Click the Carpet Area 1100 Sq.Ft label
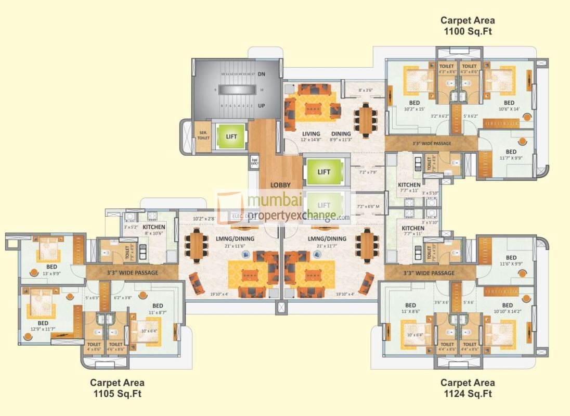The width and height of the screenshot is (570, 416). [x=468, y=26]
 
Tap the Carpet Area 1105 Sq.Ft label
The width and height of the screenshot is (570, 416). [x=117, y=388]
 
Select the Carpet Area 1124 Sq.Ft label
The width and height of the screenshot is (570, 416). [x=468, y=388]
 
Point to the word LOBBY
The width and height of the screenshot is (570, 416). [x=280, y=185]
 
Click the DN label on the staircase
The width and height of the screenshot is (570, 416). [x=262, y=74]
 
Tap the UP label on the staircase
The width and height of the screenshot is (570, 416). [x=262, y=106]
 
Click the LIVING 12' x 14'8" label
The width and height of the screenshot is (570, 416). [x=311, y=137]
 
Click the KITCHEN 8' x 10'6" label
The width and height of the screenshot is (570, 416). [x=154, y=230]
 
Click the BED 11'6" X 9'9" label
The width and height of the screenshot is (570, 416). [x=511, y=261]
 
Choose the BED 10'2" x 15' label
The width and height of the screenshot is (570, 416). [x=414, y=106]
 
